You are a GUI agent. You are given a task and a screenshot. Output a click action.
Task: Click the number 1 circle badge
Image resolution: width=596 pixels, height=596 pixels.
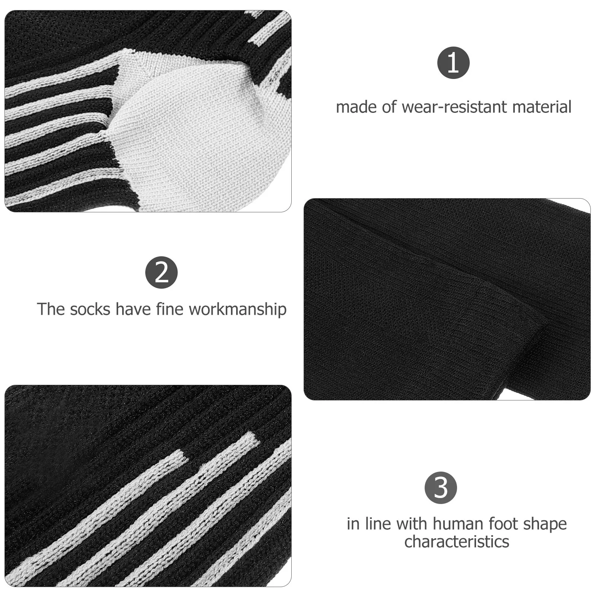453,63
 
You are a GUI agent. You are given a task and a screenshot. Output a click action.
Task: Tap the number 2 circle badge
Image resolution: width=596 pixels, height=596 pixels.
161,272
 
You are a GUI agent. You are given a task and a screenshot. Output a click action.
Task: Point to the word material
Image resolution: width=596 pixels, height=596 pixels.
542,107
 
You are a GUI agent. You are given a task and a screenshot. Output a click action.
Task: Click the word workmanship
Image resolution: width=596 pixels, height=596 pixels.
238,310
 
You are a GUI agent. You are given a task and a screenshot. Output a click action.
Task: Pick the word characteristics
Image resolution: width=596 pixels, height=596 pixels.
457,542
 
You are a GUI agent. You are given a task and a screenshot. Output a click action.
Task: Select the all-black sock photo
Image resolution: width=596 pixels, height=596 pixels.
447,299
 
